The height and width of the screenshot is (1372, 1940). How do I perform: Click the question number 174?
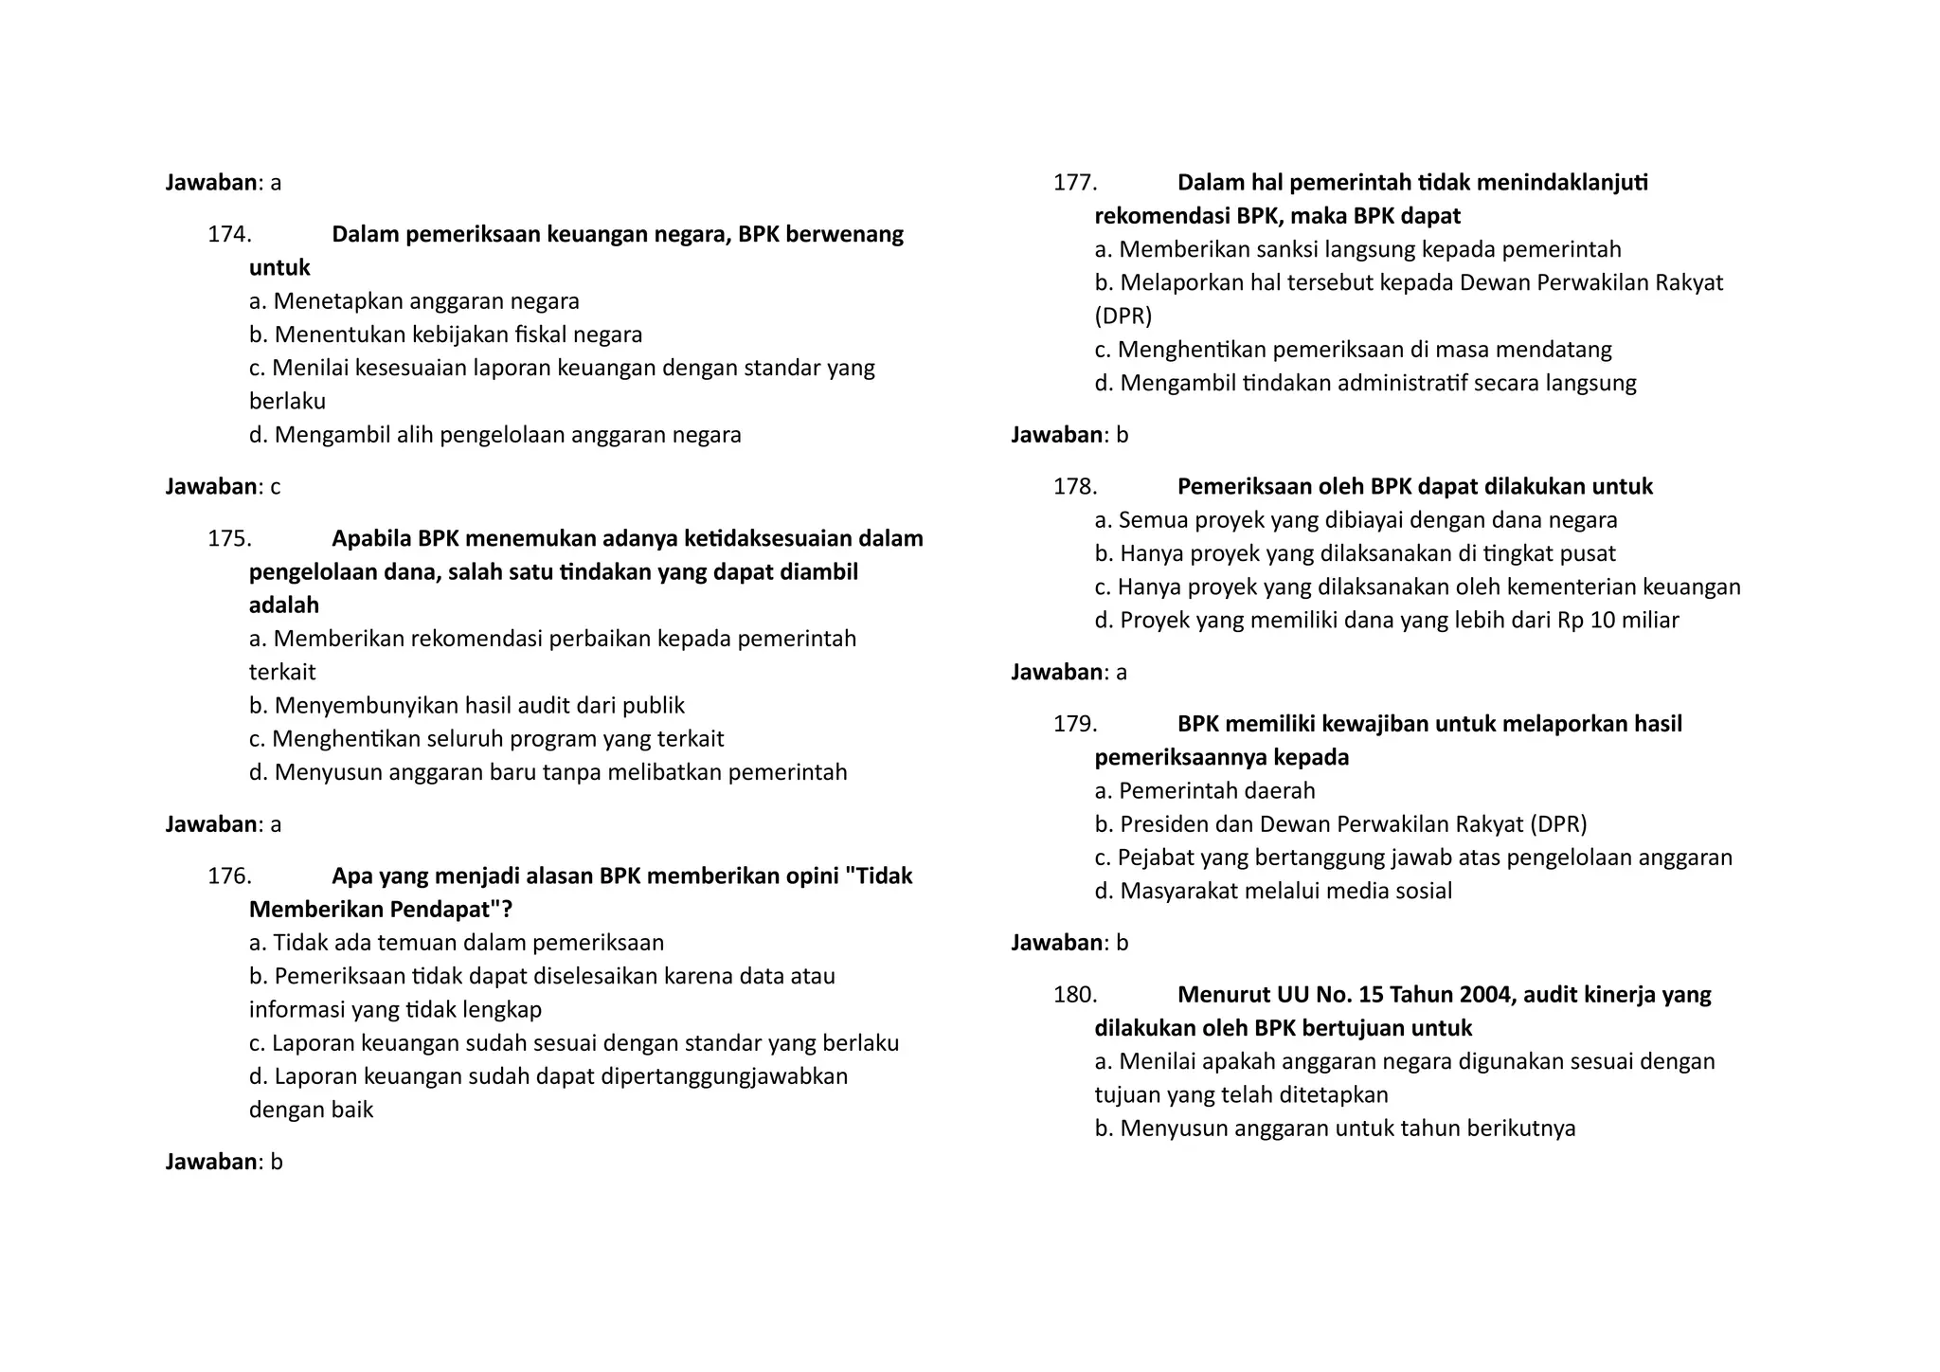click(x=229, y=234)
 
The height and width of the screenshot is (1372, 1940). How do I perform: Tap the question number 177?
click(x=1075, y=182)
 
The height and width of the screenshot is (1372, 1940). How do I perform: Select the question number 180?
click(x=1075, y=995)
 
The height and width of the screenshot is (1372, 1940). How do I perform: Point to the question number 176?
click(x=229, y=876)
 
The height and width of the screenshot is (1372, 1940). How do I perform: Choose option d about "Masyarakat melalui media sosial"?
click(x=1273, y=891)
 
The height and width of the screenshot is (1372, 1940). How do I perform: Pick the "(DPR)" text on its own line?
click(x=1123, y=316)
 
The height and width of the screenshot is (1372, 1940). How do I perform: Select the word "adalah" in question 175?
click(x=284, y=605)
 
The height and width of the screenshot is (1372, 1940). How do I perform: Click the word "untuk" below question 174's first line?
click(x=279, y=268)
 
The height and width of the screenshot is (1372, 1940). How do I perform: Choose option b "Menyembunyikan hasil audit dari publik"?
click(x=466, y=706)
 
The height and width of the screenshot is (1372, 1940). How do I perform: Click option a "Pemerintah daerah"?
click(x=1205, y=791)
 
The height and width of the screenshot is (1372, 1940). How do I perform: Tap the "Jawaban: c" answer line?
click(x=224, y=487)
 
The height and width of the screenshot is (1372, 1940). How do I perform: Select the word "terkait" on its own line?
click(x=282, y=673)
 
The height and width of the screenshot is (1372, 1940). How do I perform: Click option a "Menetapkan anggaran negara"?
click(x=414, y=301)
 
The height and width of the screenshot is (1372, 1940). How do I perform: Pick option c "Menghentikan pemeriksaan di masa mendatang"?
click(x=1353, y=350)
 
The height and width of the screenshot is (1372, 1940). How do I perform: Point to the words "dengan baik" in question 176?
click(x=311, y=1110)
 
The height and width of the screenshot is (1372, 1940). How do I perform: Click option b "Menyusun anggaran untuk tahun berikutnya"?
click(x=1335, y=1128)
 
